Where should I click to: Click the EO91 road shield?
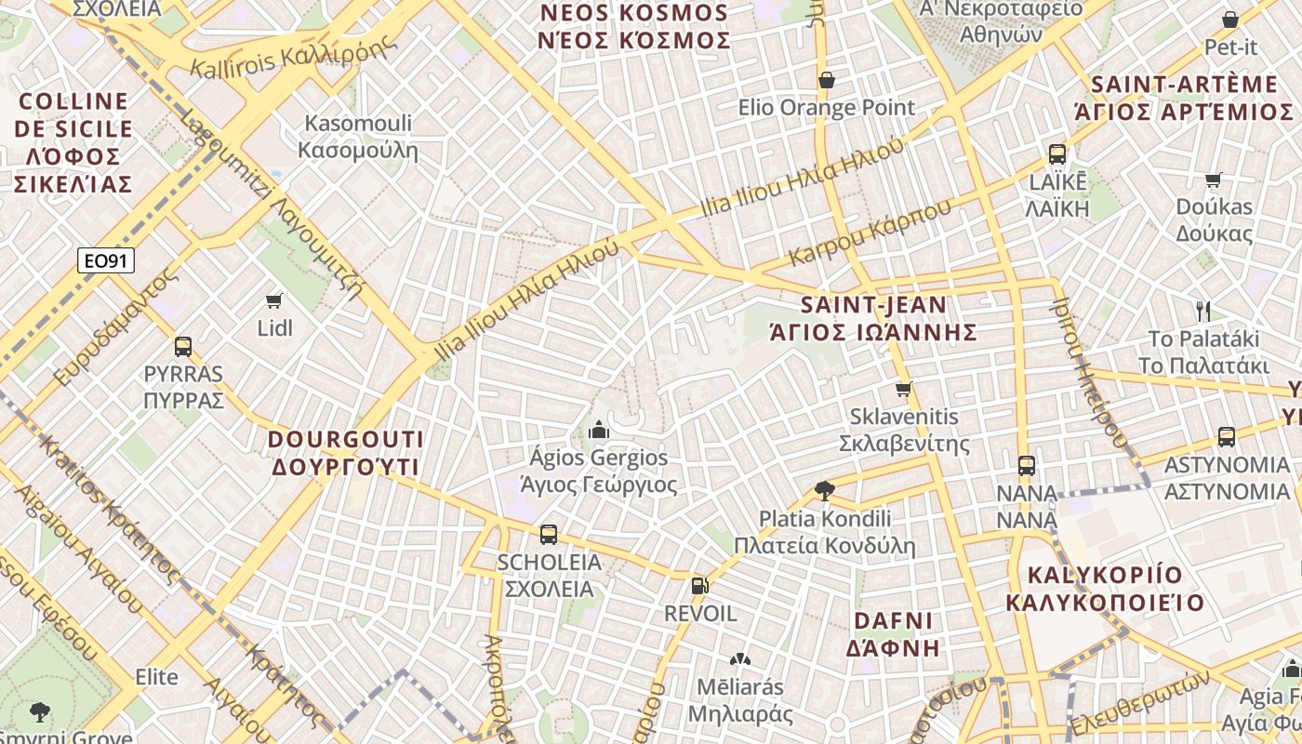[x=105, y=261]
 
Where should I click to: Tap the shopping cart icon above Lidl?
[x=273, y=300]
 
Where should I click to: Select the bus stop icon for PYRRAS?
[x=183, y=347]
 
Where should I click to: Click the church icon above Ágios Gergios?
[x=598, y=430]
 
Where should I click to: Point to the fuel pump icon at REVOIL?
[x=699, y=586]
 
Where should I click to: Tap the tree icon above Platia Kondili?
[x=824, y=490]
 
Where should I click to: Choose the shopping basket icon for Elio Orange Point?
[x=826, y=81]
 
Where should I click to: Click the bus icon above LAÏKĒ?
[x=1057, y=154]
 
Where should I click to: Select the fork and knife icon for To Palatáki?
[x=1203, y=311]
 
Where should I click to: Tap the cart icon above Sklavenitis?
[x=903, y=389]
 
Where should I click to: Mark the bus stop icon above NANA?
[x=1026, y=465]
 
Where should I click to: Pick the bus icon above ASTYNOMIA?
[x=1226, y=436]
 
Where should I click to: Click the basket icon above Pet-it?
[x=1229, y=20]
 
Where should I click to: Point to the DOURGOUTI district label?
[x=346, y=453]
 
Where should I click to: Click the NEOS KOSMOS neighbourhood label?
[x=634, y=27]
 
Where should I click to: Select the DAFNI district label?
[x=893, y=634]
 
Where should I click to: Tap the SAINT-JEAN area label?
[x=874, y=318]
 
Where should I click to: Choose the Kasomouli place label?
[x=358, y=137]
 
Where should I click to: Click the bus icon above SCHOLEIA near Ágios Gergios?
[x=549, y=535]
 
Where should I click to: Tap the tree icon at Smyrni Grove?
[x=39, y=712]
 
